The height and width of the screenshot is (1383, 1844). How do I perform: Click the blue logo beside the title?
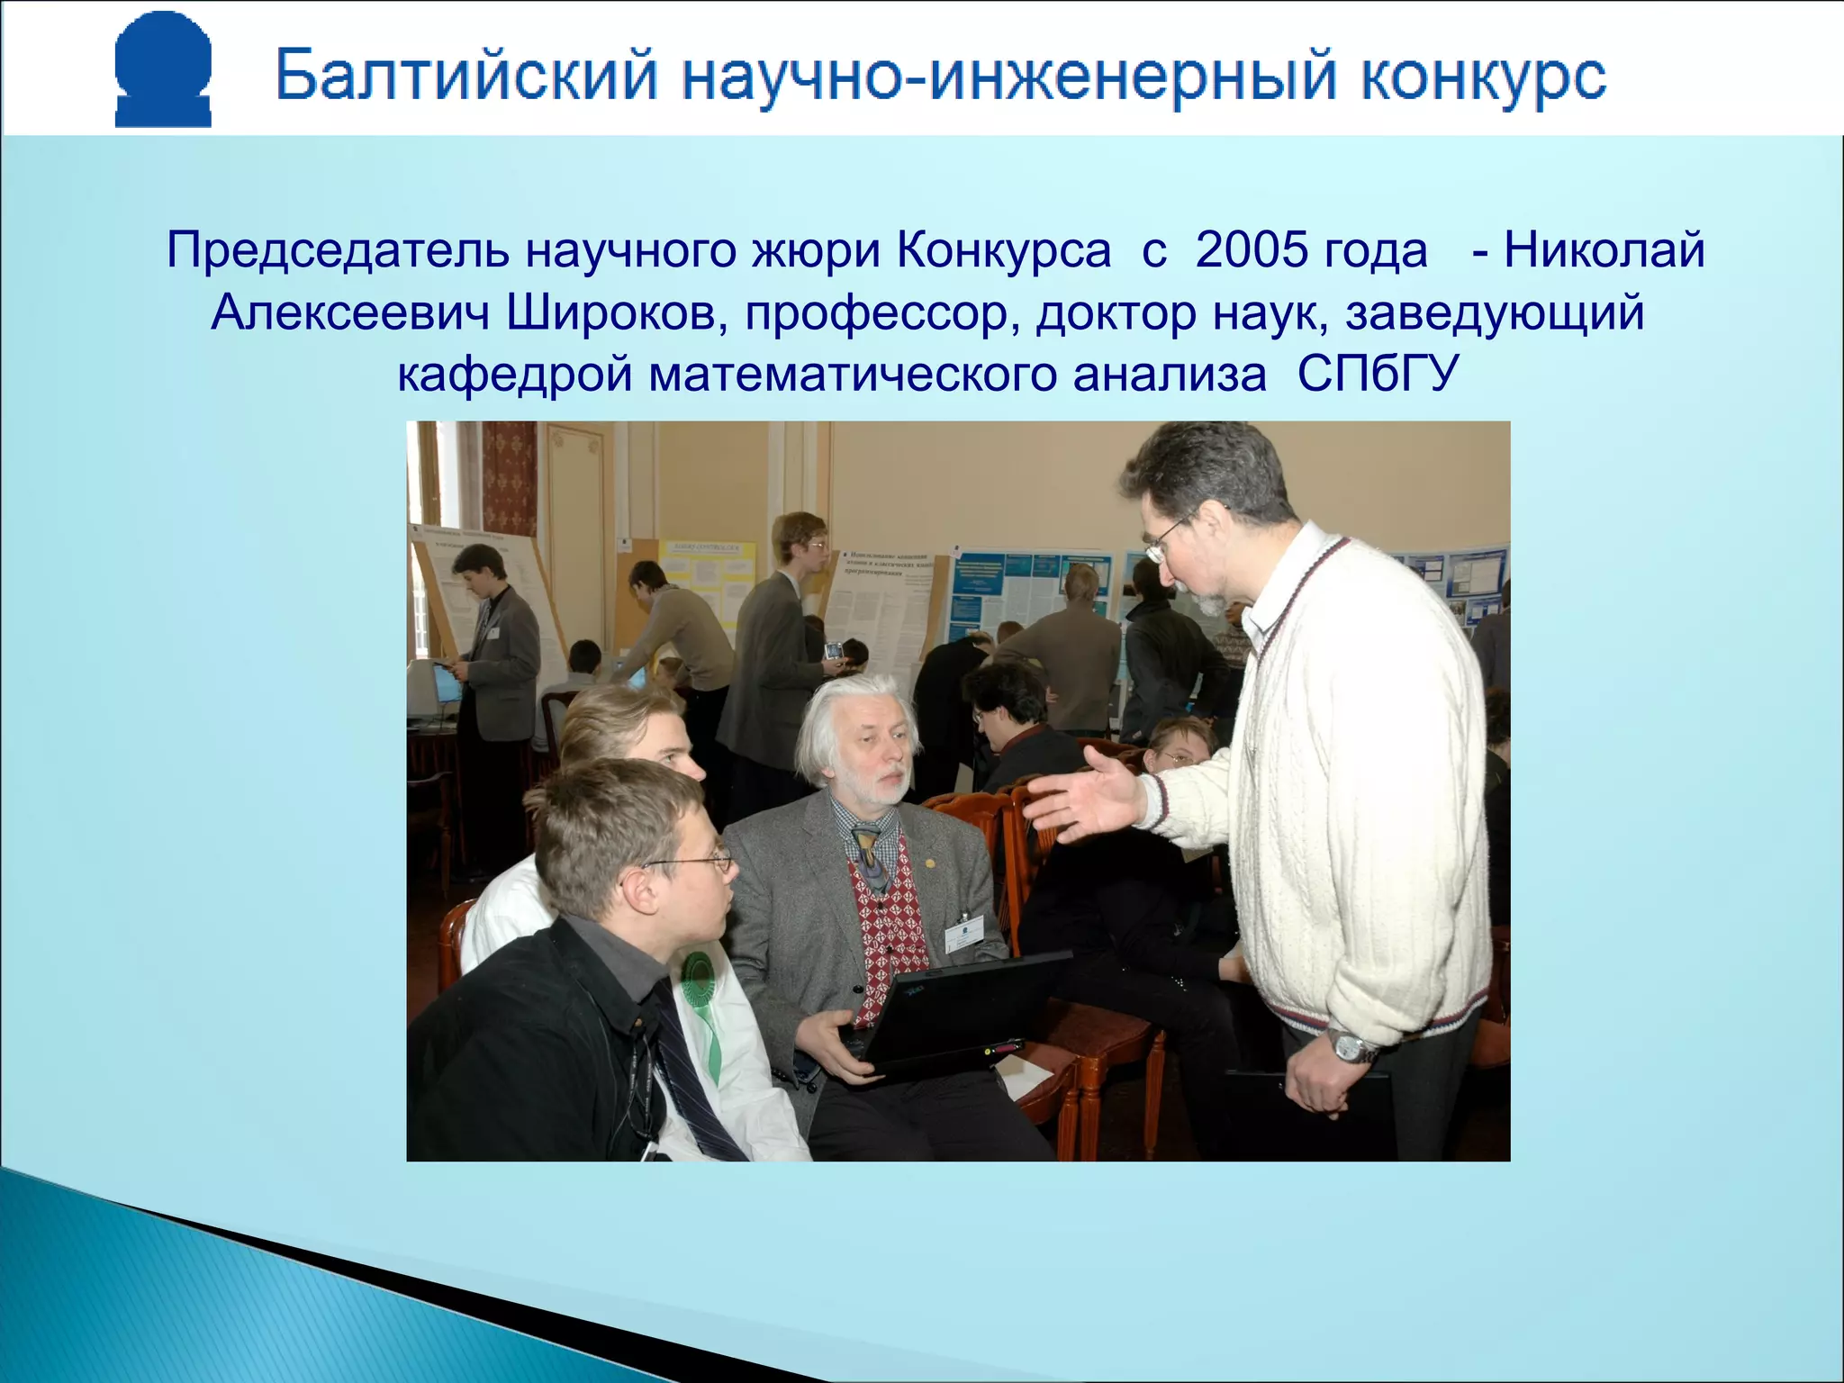point(163,70)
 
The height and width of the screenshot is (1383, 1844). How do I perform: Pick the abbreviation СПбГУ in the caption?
point(1377,374)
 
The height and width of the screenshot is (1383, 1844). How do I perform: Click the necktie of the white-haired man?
point(868,856)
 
